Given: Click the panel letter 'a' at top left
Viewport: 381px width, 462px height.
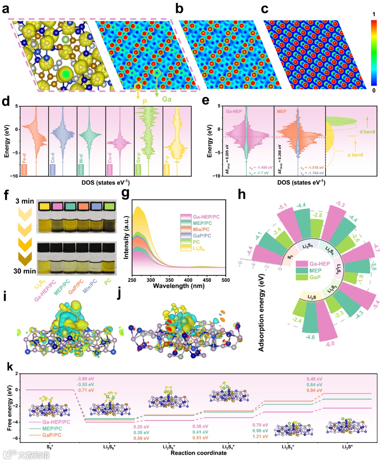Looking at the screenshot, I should (5, 8).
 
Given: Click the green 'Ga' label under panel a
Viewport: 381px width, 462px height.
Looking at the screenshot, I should (167, 99).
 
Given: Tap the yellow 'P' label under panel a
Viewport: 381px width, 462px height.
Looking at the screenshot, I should (145, 102).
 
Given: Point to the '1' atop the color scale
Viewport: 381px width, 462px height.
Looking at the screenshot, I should (374, 14).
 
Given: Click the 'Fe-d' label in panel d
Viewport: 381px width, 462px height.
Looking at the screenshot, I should (24, 158).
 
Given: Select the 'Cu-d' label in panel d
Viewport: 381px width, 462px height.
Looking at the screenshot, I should (110, 158).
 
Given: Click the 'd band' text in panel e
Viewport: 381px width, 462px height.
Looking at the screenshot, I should (367, 132).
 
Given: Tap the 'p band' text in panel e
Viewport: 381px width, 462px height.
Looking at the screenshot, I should (355, 155).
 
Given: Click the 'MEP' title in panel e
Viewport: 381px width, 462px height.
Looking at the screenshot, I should (282, 112).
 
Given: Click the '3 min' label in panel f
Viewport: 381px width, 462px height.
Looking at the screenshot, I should (25, 201).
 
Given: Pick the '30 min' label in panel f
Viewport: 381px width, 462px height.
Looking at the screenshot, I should (25, 271).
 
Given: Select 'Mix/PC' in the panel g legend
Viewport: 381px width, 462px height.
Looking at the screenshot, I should (201, 229).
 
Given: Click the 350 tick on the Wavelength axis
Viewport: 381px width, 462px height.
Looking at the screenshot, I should (169, 280).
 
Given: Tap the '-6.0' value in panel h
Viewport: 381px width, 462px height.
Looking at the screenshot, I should (330, 344).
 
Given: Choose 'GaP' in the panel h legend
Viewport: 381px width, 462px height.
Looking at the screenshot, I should (315, 277).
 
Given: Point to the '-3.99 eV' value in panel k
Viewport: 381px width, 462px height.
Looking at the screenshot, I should (85, 379).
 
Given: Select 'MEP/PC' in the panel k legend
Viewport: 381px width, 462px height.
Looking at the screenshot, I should (52, 428).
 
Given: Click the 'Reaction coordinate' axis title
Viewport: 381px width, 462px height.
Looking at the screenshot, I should (199, 453).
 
